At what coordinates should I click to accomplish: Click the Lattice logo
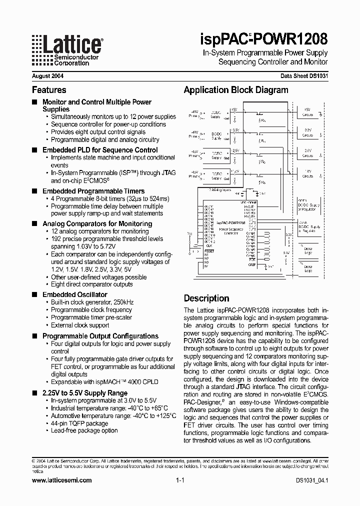click(67, 50)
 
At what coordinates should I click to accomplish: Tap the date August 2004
click(47, 76)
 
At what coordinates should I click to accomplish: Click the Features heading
click(49, 90)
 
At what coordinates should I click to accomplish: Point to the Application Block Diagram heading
click(236, 90)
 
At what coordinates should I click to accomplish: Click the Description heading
click(206, 298)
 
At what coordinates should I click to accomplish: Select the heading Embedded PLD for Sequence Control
click(100, 150)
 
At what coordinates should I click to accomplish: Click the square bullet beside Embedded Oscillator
click(34, 295)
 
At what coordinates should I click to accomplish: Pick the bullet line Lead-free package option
click(84, 430)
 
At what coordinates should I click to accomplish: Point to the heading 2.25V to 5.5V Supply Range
click(85, 393)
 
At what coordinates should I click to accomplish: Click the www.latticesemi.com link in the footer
click(61, 480)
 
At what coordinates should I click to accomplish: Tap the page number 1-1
click(180, 480)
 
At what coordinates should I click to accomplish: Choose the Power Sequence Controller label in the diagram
click(231, 231)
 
